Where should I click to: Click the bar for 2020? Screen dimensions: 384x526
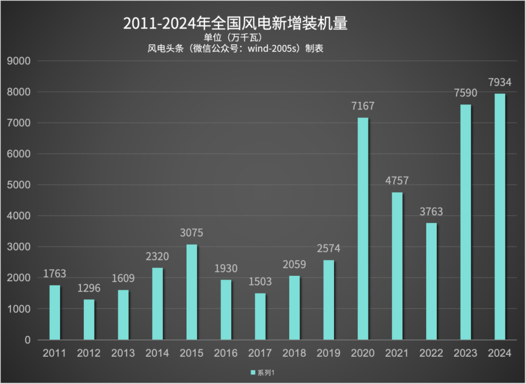click(363, 229)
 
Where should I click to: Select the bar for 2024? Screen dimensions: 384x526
click(500, 216)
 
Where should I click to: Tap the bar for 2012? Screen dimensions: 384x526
click(89, 319)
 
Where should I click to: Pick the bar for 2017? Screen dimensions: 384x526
click(260, 316)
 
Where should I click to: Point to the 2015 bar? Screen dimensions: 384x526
click(191, 292)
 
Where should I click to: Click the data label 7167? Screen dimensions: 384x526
click(363, 106)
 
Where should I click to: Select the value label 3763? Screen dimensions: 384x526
click(432, 211)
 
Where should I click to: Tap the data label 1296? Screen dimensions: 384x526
click(89, 288)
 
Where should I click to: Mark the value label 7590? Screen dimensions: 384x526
click(466, 93)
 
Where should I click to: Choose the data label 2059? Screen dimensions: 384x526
click(294, 265)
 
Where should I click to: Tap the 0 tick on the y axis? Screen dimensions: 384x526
click(27, 340)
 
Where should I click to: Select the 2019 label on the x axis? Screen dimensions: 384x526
click(328, 353)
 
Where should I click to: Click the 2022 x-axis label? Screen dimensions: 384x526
click(432, 353)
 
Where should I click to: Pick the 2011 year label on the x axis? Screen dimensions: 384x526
click(55, 353)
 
